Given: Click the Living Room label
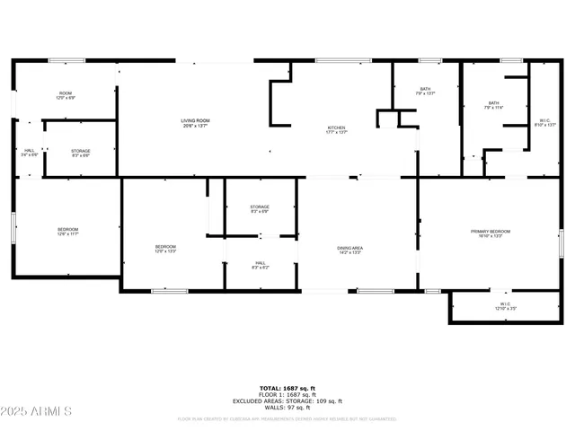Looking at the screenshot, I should [x=195, y=122].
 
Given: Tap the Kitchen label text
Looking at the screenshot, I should [x=336, y=130].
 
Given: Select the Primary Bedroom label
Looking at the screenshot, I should [x=491, y=233].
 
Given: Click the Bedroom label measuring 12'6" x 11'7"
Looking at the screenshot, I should [x=67, y=232].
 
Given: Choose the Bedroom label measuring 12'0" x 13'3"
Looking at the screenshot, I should [x=164, y=249].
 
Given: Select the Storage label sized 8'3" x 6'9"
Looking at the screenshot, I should [x=260, y=209].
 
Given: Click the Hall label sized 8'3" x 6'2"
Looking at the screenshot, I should [x=260, y=265].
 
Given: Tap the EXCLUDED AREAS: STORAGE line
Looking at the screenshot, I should [x=287, y=400].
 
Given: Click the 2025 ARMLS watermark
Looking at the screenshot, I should [x=38, y=411].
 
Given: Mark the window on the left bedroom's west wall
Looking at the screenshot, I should [x=12, y=228].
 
